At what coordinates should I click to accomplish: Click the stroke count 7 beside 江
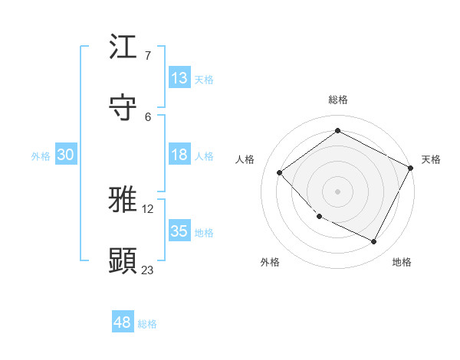click(x=147, y=56)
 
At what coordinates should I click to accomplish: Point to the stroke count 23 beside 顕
click(x=147, y=269)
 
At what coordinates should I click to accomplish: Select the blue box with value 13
click(x=179, y=78)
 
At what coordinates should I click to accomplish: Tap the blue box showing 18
click(x=179, y=155)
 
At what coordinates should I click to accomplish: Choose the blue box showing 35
click(x=179, y=231)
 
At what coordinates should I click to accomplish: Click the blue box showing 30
click(x=65, y=155)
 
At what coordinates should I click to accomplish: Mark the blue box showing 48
click(x=123, y=322)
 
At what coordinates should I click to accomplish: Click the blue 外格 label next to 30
click(x=41, y=155)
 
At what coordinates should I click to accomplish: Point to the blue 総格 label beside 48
click(x=147, y=324)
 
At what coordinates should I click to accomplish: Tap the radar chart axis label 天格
click(x=431, y=159)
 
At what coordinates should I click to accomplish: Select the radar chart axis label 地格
click(x=402, y=262)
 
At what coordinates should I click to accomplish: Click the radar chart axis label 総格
click(x=337, y=100)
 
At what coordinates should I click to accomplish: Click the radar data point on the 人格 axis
click(x=280, y=172)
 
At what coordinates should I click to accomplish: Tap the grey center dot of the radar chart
click(x=337, y=191)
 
